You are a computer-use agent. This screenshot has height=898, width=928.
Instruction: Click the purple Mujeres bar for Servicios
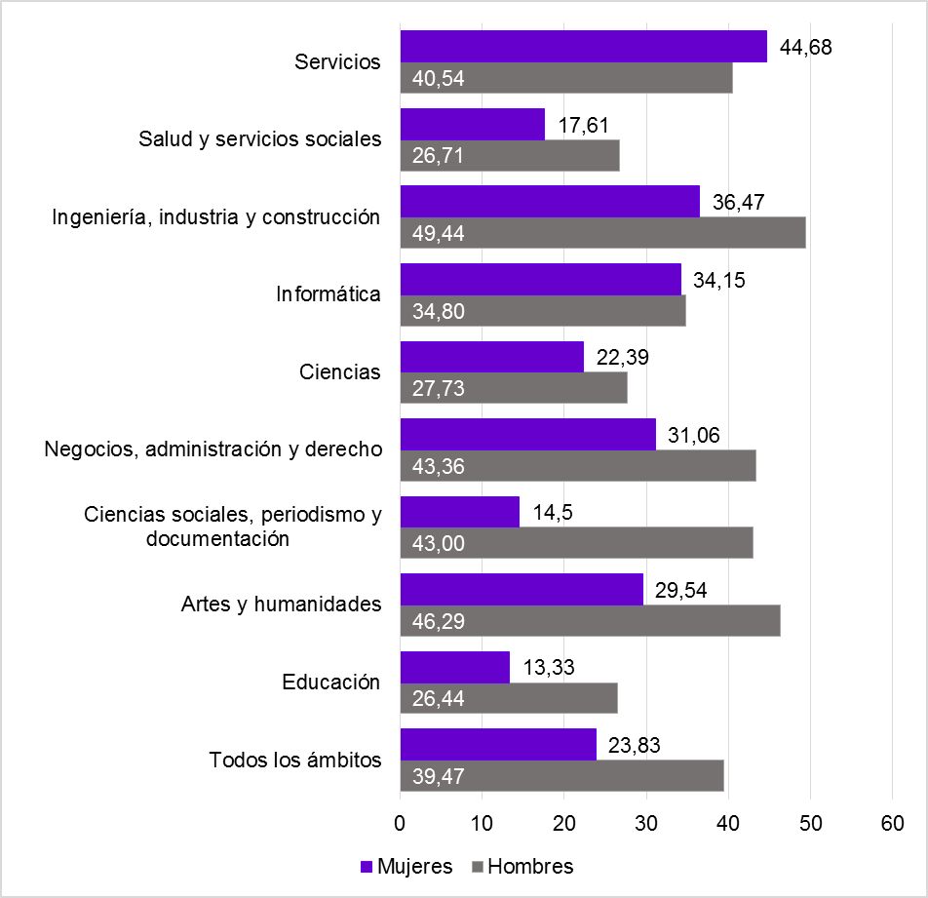[583, 47]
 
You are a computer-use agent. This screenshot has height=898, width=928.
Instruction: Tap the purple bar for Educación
[454, 667]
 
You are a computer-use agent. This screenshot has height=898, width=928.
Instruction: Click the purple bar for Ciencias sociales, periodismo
[459, 512]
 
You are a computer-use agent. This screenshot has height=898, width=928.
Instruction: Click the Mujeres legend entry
[406, 866]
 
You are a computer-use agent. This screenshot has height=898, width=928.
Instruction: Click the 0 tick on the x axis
[400, 824]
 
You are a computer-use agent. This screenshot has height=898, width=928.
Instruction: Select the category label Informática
[328, 294]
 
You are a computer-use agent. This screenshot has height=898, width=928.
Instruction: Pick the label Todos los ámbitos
[294, 761]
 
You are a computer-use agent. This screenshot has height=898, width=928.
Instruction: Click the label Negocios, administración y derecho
[213, 449]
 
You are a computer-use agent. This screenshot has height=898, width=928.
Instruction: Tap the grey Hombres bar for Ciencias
[513, 388]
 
